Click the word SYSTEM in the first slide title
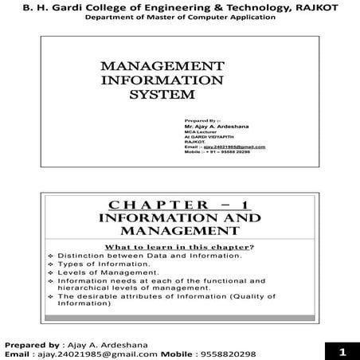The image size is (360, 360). pos(162,95)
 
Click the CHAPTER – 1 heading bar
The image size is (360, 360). pos(179,203)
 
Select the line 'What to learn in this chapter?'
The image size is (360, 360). pos(180,247)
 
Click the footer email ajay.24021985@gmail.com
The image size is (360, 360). pos(103,354)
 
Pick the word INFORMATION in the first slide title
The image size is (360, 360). pos(162,80)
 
